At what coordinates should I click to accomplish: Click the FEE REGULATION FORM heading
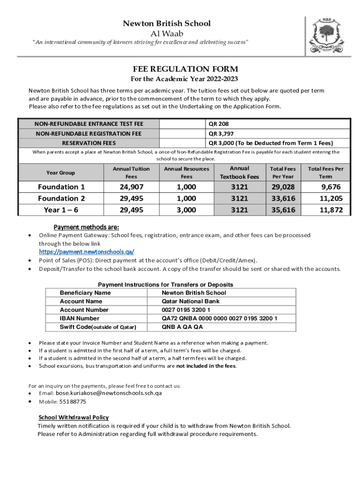pos(180,69)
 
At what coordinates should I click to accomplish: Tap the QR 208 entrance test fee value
pos(219,124)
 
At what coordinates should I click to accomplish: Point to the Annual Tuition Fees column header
pos(131,173)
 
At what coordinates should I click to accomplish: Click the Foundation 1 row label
pos(61,187)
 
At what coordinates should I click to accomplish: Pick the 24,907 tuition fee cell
pos(131,187)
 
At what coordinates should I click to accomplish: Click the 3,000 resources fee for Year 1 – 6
pos(186,210)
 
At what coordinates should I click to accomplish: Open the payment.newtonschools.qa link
pos(86,252)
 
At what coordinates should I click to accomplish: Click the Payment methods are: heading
pos(86,227)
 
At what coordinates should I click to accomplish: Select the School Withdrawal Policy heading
pos(73,417)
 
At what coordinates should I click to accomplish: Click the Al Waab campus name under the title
pos(166,33)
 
